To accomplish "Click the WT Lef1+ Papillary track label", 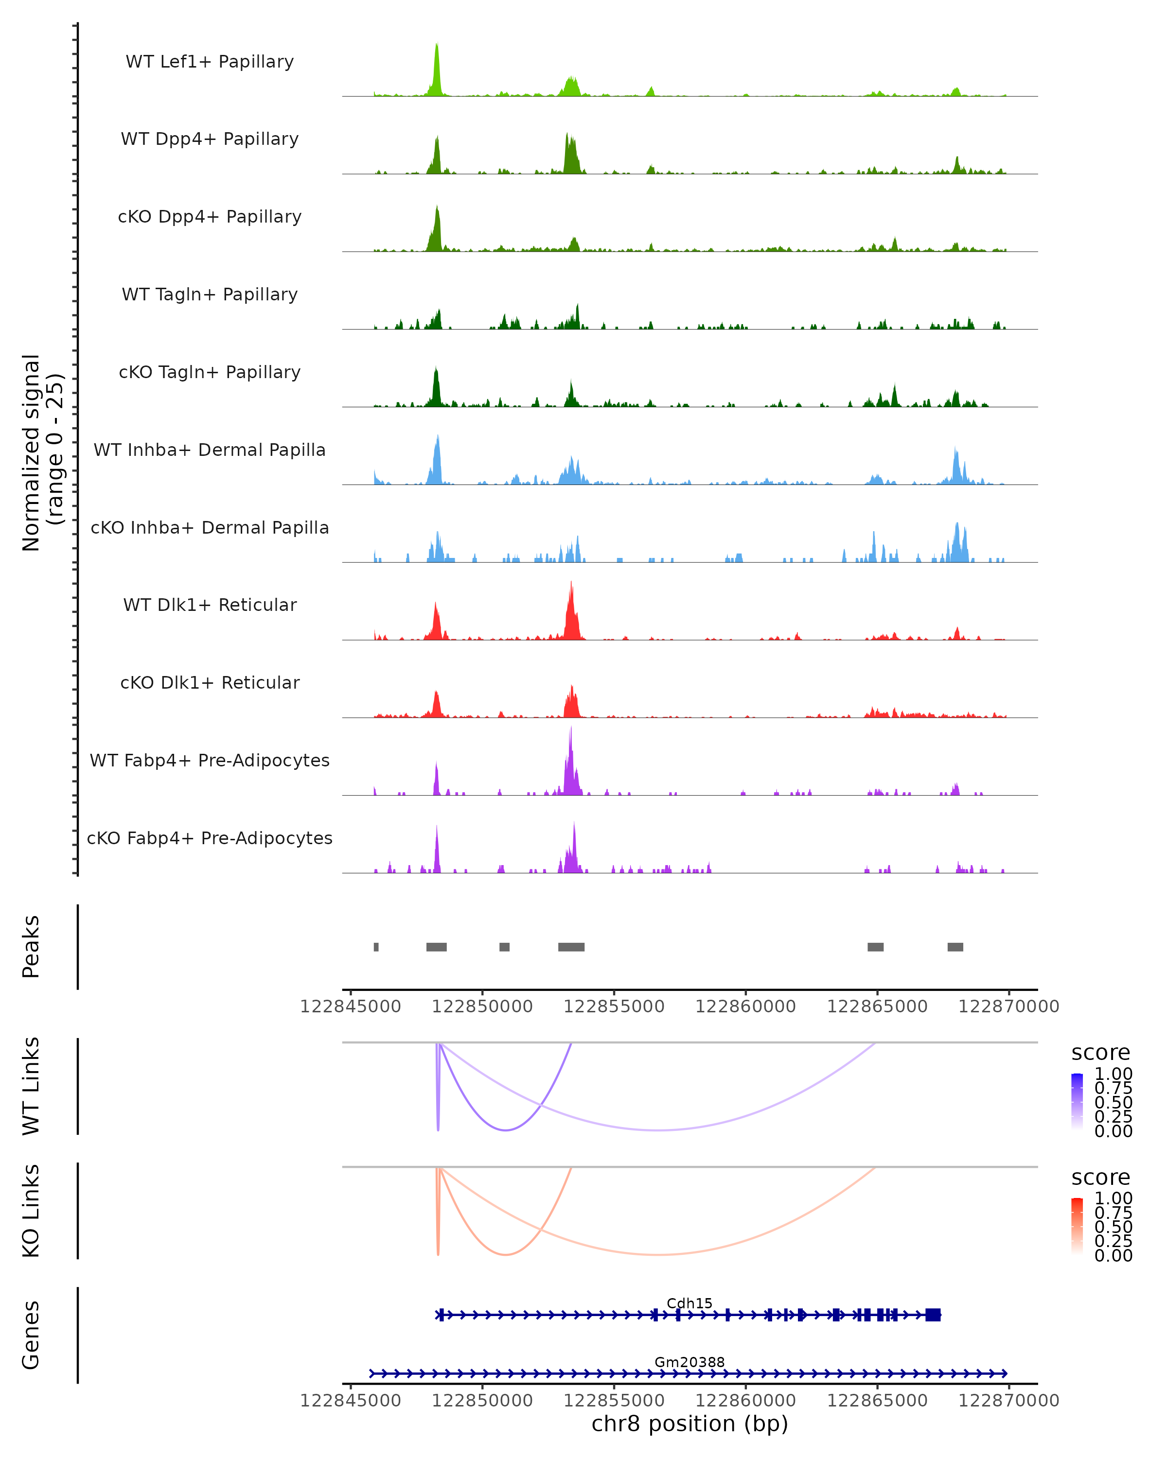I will click(210, 62).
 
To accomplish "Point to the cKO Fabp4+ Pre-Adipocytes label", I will click(210, 838).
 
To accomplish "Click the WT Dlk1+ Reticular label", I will click(210, 605).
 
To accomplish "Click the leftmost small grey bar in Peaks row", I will click(376, 947).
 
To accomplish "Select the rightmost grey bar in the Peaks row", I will click(955, 947).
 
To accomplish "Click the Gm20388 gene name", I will click(690, 1362).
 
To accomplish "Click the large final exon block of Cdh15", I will click(934, 1315).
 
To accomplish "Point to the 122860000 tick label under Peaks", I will click(745, 1007).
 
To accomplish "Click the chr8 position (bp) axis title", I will click(690, 1423).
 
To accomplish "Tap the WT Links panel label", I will click(31, 1086).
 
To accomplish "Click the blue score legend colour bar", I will click(1077, 1102).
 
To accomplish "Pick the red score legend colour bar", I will click(1077, 1226).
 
